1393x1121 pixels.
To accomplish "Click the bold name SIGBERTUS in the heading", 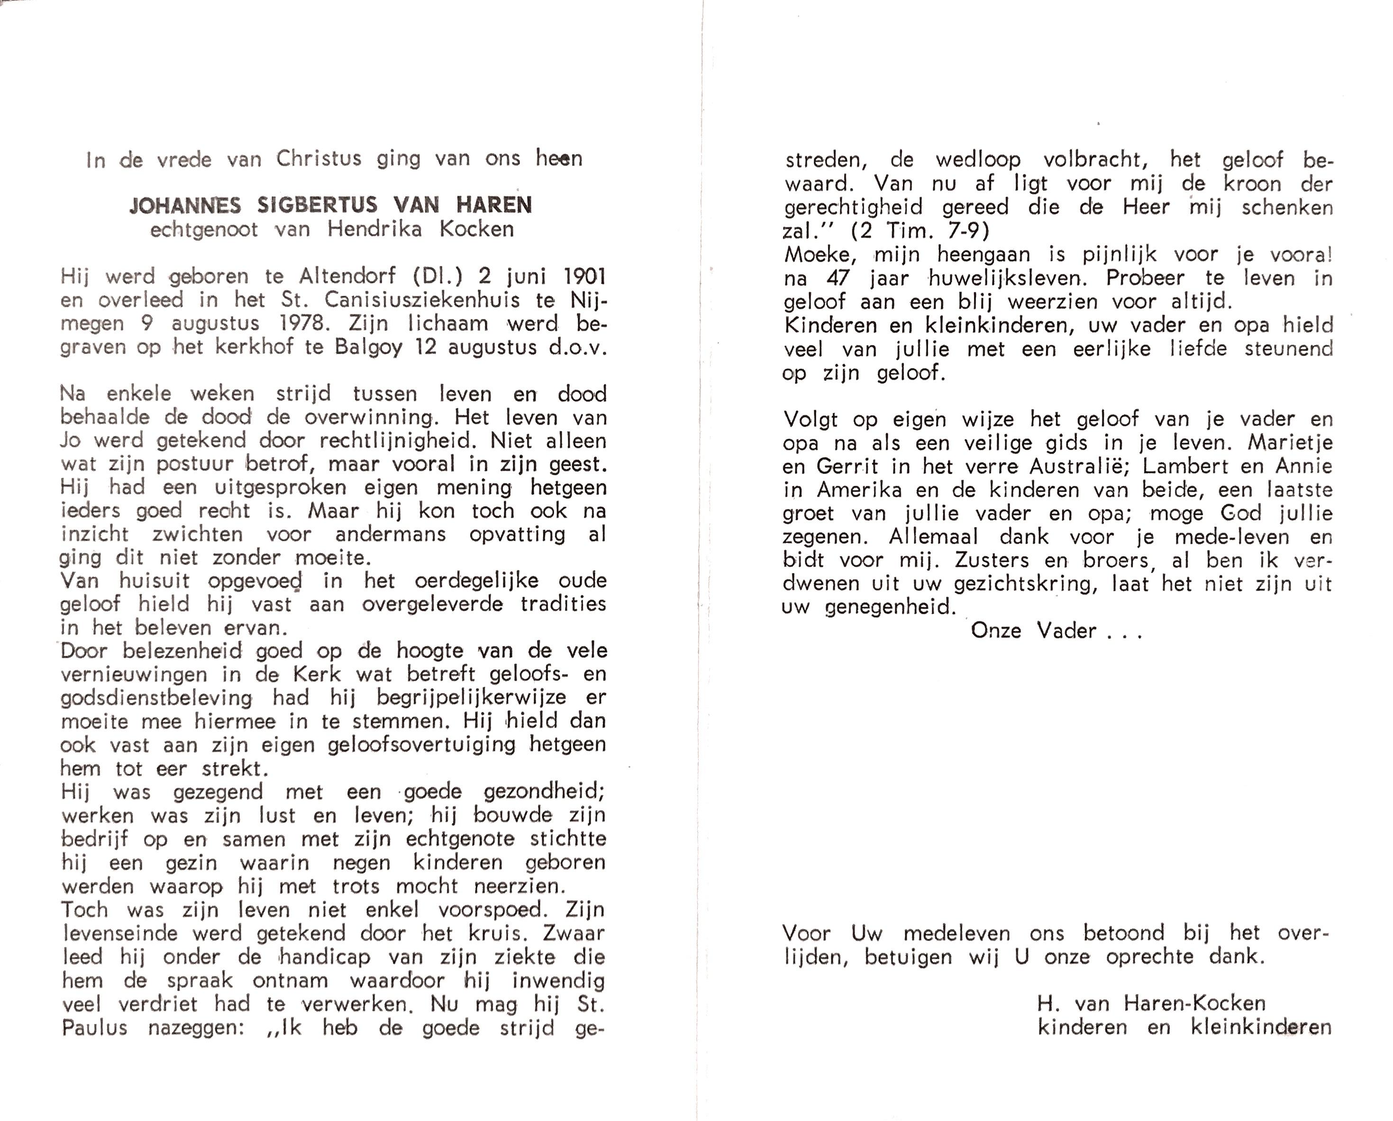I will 317,205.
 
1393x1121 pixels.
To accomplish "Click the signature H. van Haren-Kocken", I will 1151,1003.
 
